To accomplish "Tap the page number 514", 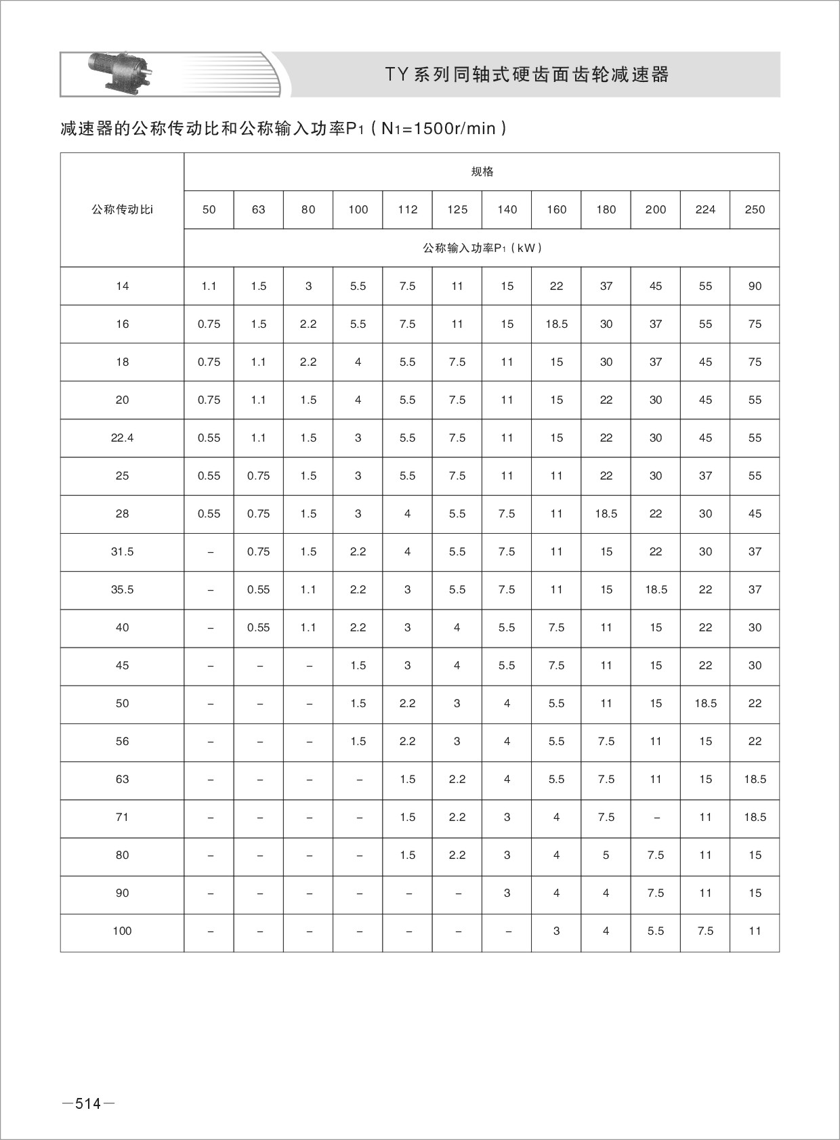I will (x=88, y=1103).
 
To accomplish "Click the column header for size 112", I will (x=407, y=210).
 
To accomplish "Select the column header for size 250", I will (x=755, y=210).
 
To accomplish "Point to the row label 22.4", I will (x=122, y=438).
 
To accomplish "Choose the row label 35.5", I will (x=122, y=590).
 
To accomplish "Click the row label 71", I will (x=122, y=818).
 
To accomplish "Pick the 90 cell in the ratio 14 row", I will (x=755, y=287).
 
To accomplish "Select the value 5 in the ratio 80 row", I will (x=606, y=856).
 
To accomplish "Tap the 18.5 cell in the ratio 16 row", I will (x=556, y=324).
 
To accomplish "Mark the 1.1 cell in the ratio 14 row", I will (x=209, y=287).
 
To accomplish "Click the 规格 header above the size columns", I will (x=482, y=172).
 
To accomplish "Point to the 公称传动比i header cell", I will (x=122, y=210).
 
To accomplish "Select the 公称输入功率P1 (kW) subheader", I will (x=482, y=248).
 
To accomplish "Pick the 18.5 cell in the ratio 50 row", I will (x=705, y=704).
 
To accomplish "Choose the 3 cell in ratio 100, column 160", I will (x=556, y=931).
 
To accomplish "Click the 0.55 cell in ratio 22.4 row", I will (x=209, y=438).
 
